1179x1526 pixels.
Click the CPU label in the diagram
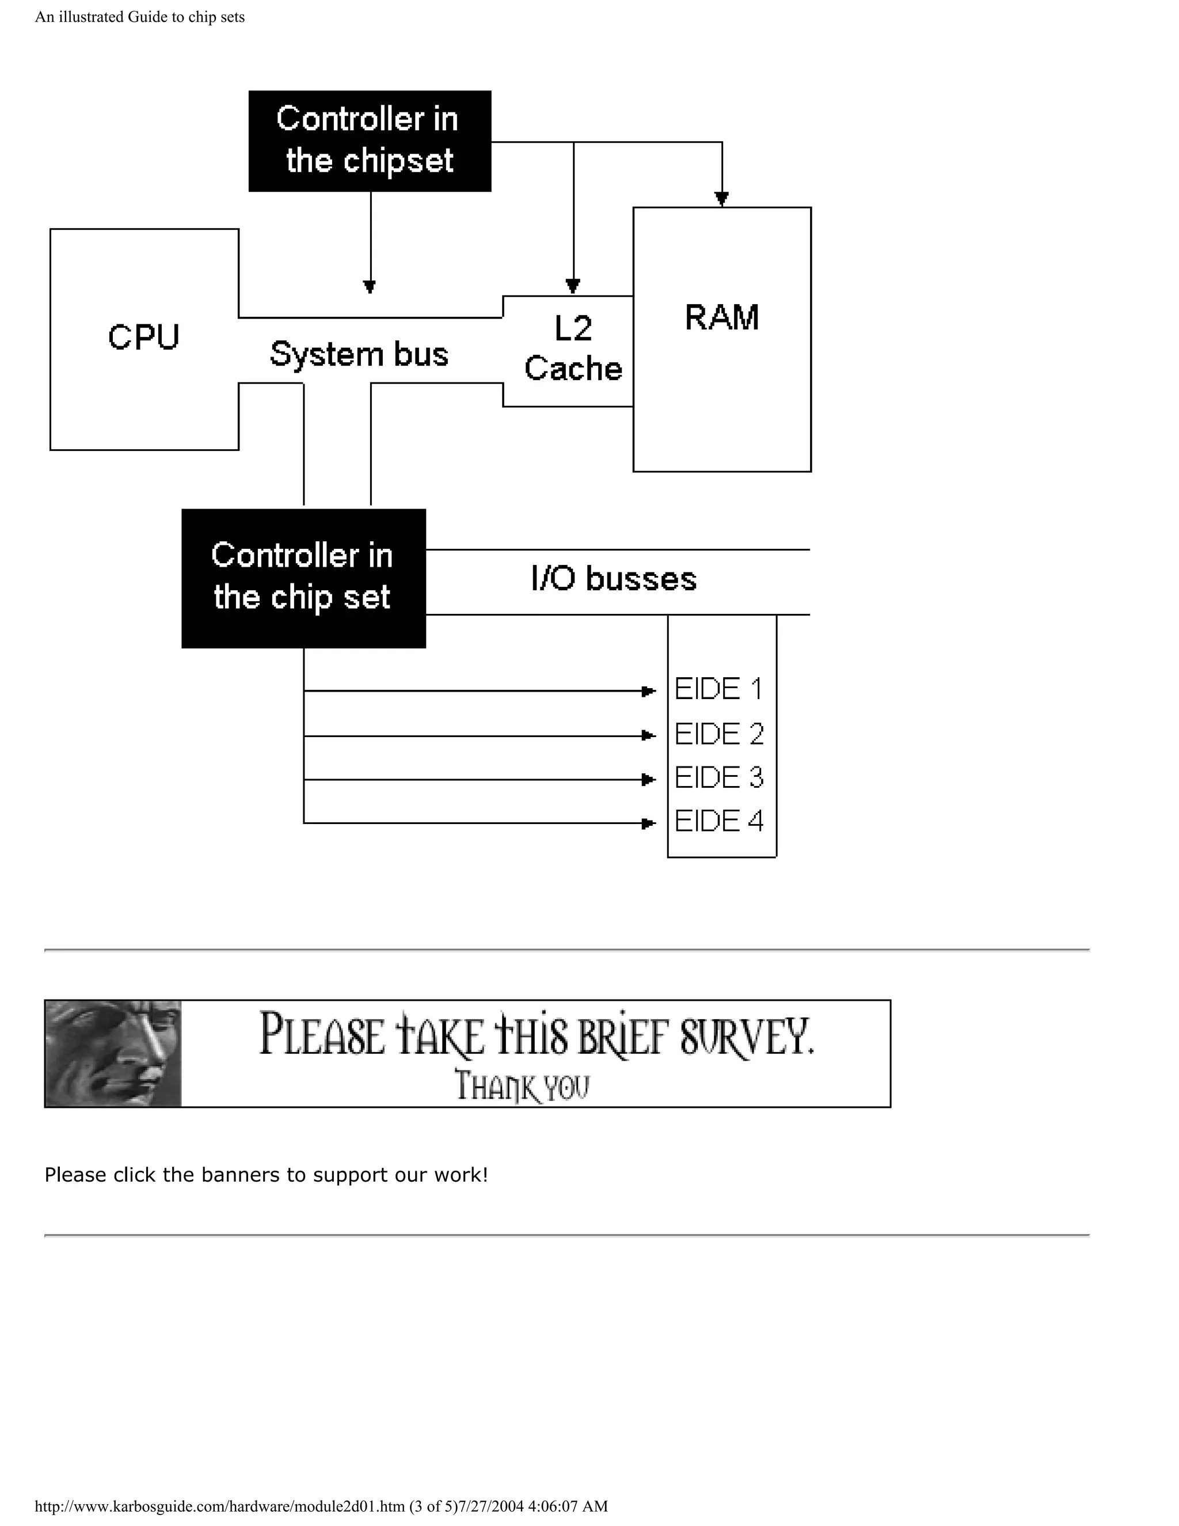pos(144,337)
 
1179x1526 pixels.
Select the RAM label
pos(721,317)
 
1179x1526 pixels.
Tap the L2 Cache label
pos(573,348)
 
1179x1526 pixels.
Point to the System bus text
pos(359,354)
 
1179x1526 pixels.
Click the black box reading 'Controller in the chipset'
pos(370,141)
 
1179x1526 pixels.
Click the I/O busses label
pos(613,579)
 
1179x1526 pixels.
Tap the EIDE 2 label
pos(718,734)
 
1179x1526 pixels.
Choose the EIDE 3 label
pos(718,777)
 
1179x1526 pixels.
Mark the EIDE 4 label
pos(718,821)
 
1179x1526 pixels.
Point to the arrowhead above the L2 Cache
pos(573,286)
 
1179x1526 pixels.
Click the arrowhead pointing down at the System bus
pos(370,286)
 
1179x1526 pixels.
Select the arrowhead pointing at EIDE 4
pos(648,823)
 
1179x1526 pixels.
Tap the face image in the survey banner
pos(113,1054)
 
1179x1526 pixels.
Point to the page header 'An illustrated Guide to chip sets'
pos(140,17)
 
